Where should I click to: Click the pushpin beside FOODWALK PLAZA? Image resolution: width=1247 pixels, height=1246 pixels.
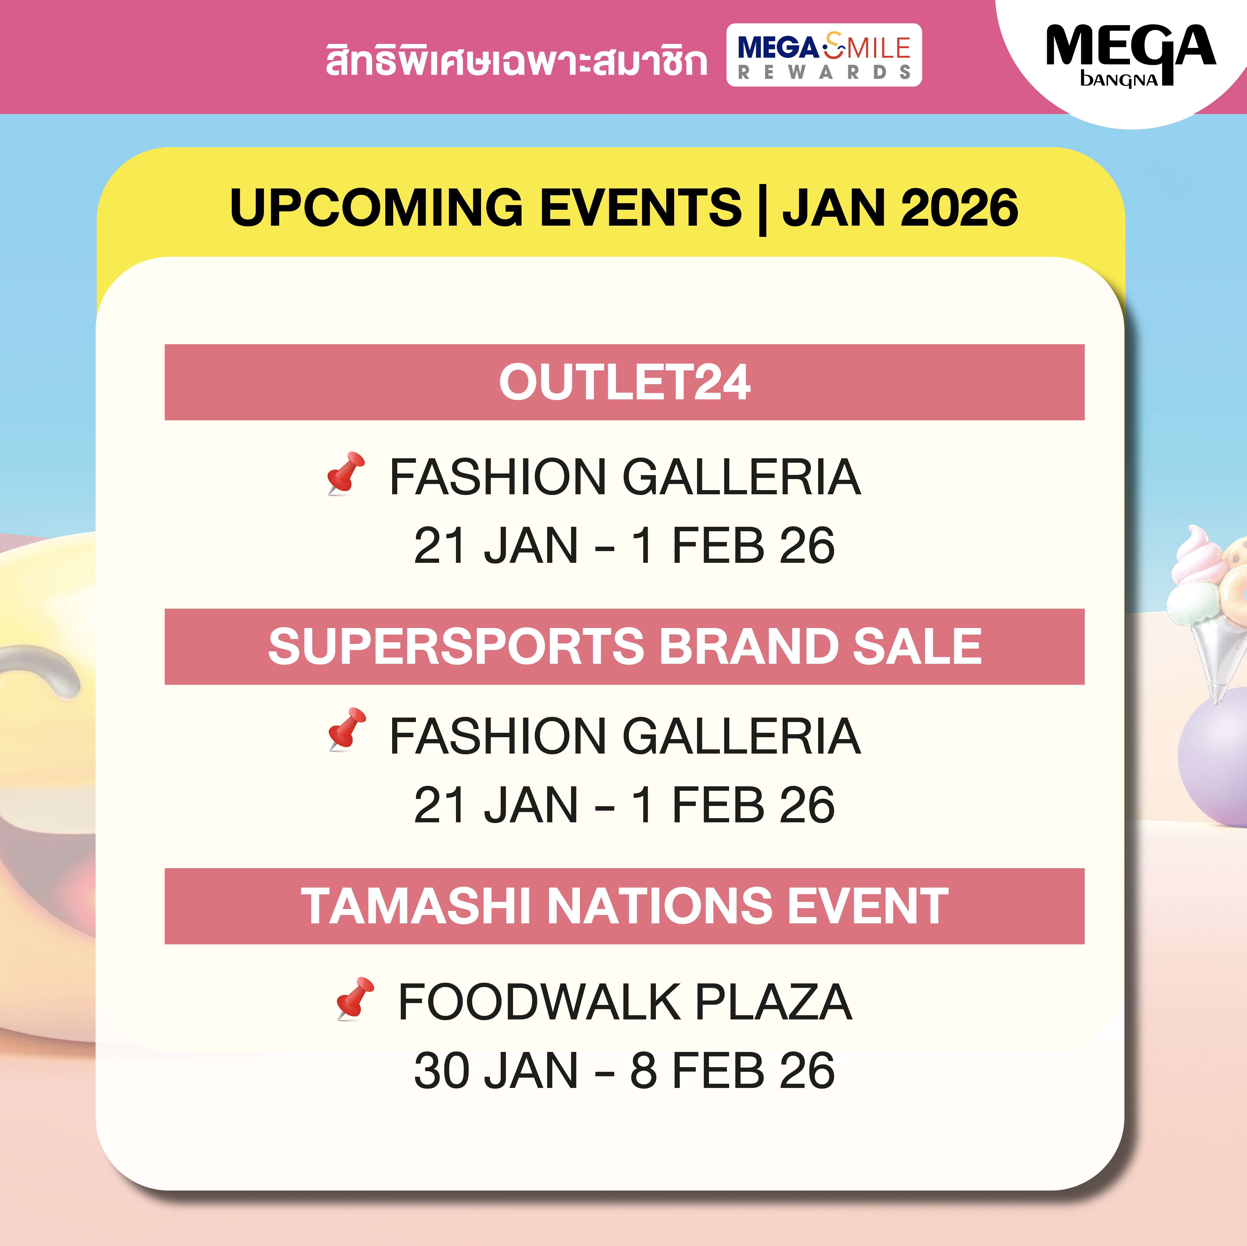coord(355,998)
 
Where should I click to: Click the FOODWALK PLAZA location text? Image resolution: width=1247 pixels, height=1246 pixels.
coord(625,1002)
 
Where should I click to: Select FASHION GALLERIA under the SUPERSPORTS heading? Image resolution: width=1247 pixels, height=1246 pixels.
coord(625,736)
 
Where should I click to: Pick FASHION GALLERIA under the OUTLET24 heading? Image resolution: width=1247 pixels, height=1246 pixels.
coord(625,477)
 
